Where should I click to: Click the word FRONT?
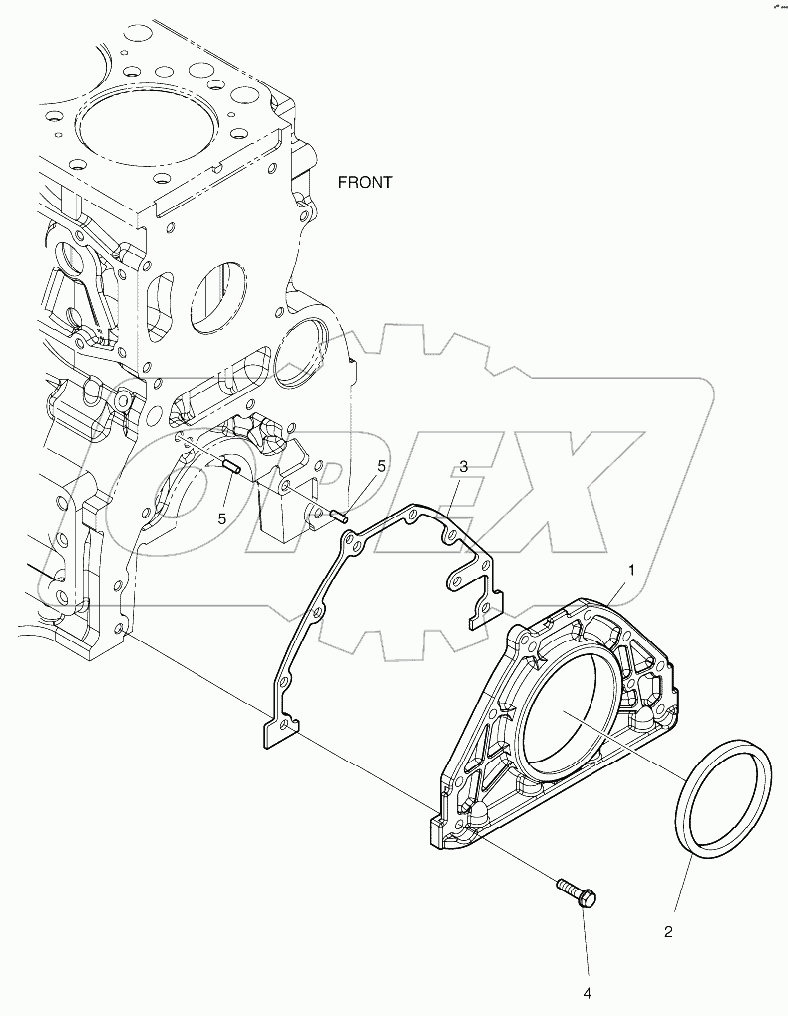click(x=365, y=183)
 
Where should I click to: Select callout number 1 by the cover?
click(x=631, y=570)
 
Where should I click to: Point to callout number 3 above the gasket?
click(x=464, y=467)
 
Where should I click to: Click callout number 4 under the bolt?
click(x=588, y=993)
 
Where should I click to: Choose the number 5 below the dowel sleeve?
click(x=222, y=517)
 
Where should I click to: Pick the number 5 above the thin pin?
click(x=381, y=465)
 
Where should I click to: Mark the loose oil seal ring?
click(x=725, y=796)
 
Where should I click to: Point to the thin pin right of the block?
click(x=340, y=515)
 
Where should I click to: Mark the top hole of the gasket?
click(x=410, y=516)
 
